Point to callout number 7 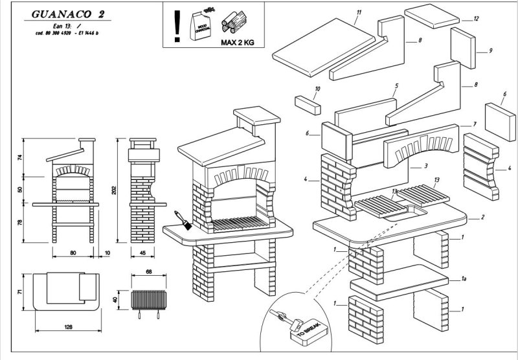(475, 124)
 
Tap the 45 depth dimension (141, 253)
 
